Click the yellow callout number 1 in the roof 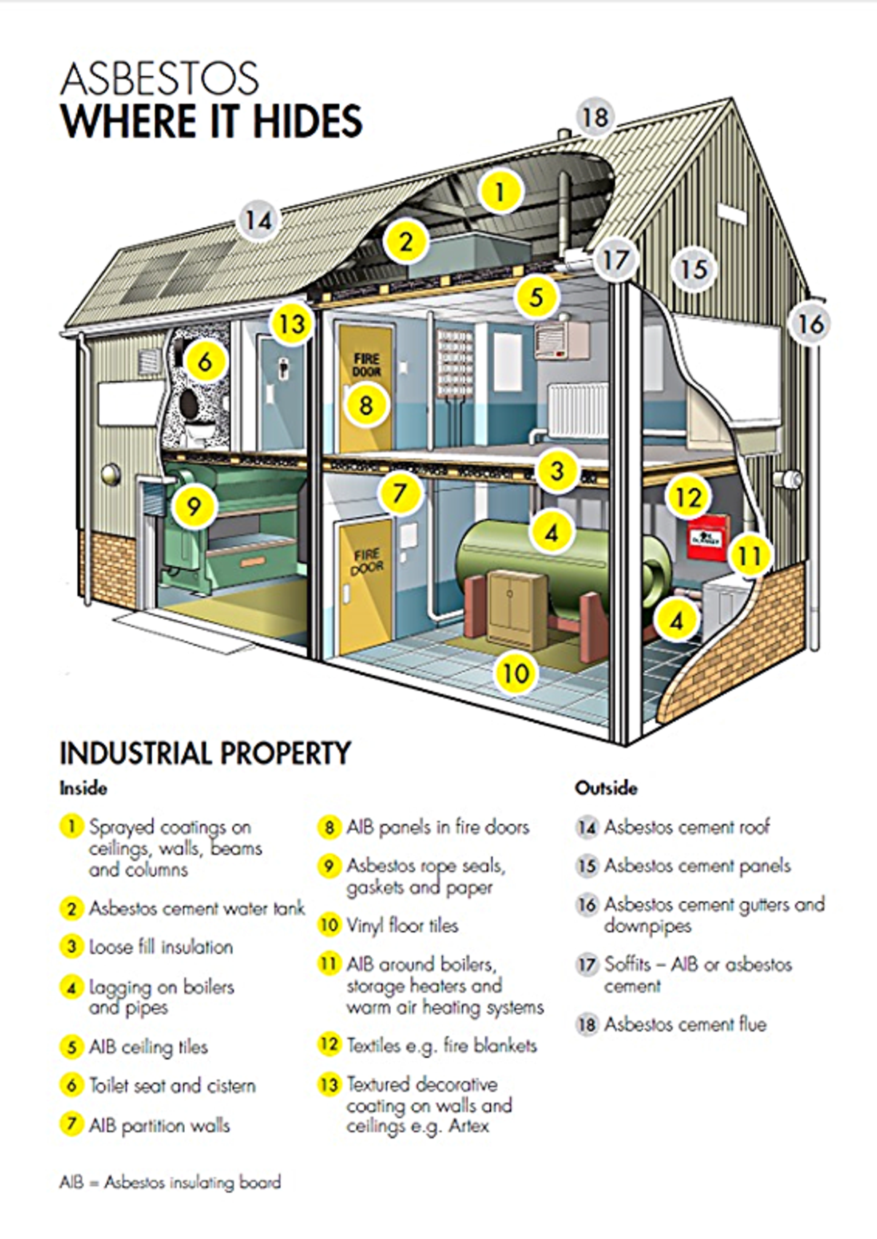[499, 191]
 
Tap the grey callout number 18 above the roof [595, 117]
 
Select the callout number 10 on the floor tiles [516, 672]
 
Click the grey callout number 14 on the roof [258, 220]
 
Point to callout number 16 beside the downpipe [810, 324]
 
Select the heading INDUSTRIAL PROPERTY [205, 753]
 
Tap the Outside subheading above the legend [606, 788]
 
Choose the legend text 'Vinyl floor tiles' [402, 925]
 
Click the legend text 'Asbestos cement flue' [685, 1024]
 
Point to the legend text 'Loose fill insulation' [161, 947]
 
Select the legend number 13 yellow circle [329, 1085]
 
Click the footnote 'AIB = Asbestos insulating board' [170, 1182]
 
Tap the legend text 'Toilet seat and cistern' [172, 1085]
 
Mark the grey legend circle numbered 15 [587, 866]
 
